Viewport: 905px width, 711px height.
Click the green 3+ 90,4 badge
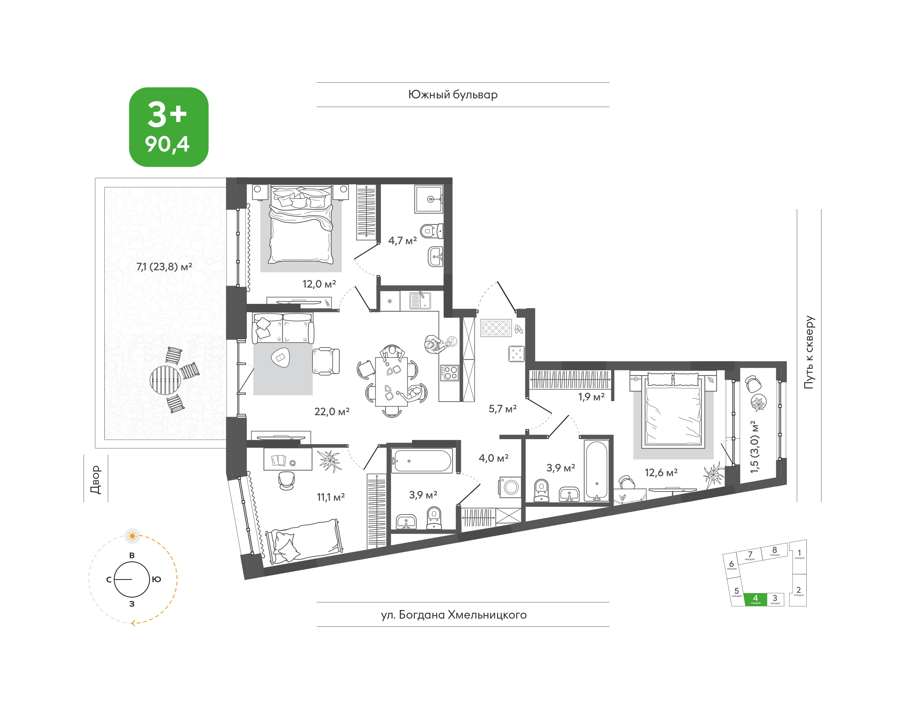coord(168,127)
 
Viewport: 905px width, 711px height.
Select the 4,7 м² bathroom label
coord(403,240)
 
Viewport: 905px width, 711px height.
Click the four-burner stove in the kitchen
coord(449,372)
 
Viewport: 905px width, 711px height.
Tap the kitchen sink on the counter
coord(420,300)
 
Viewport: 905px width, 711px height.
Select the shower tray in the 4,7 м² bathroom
coord(428,199)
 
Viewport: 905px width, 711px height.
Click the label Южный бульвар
coord(453,95)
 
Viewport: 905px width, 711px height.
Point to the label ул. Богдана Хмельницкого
coord(454,615)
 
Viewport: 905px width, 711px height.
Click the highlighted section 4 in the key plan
coord(755,599)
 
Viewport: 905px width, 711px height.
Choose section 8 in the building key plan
coord(774,551)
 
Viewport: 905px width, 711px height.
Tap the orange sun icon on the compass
coord(133,536)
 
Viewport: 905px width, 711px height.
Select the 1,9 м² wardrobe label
coord(591,397)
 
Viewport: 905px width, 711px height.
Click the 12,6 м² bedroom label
coord(661,473)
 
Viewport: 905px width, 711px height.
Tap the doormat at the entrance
coord(496,328)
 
